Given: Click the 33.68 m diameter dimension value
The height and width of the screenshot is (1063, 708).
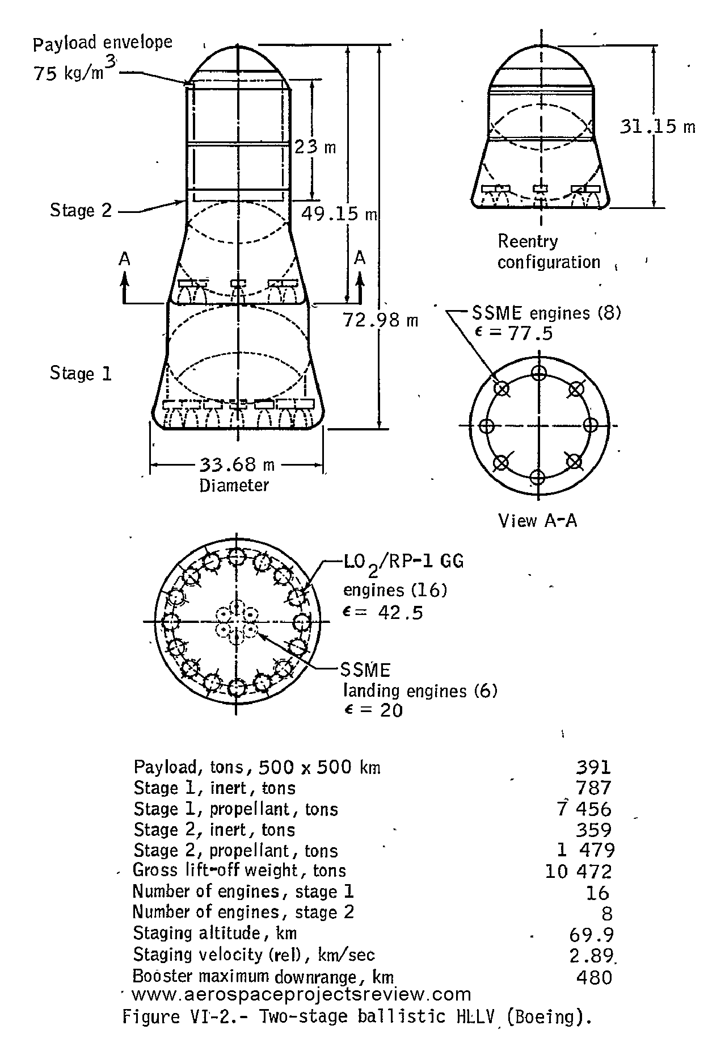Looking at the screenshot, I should (237, 465).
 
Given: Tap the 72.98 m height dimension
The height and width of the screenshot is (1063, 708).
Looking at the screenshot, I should (380, 321).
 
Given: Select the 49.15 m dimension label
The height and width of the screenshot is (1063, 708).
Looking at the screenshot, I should (339, 214).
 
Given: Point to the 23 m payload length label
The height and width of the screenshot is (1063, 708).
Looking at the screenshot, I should (315, 147).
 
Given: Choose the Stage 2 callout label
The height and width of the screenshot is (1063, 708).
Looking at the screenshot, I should (81, 211).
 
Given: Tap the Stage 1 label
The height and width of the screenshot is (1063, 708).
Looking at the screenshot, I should (81, 374).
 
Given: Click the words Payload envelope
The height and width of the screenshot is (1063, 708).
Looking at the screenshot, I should (103, 43).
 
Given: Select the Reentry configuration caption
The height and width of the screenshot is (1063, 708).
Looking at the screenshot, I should (548, 252).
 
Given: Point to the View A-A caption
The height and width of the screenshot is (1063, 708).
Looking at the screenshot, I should (537, 521).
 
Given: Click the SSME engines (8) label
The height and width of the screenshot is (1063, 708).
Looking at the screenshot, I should (546, 313).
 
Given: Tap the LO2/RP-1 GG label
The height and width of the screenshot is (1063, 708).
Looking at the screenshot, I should (403, 562).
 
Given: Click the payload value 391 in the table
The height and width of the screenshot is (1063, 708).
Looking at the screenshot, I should (593, 767).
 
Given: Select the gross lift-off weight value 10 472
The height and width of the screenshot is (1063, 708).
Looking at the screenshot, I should (579, 871).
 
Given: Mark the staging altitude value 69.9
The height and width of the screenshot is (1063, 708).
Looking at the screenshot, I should (591, 935).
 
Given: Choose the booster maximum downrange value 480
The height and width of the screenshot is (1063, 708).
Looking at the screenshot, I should (594, 977).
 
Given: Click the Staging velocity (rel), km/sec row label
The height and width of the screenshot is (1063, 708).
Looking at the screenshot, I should (254, 955).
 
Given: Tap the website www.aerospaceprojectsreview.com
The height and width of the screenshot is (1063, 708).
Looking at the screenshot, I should (301, 994).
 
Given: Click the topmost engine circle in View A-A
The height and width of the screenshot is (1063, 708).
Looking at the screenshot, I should (538, 373).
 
